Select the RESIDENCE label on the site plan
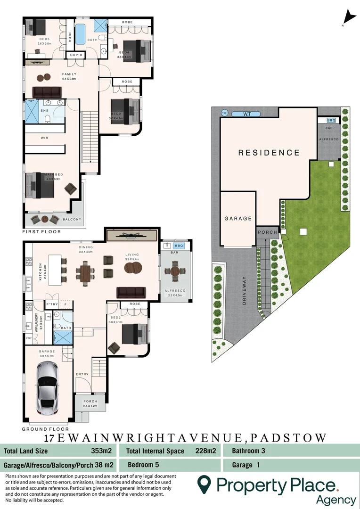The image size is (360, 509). [x=269, y=153]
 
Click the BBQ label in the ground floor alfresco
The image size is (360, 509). [x=179, y=246]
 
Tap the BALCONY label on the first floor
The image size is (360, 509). [x=72, y=219]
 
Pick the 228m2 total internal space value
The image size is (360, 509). [x=205, y=451]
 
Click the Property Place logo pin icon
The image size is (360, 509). [x=204, y=484]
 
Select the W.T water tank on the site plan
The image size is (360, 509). [x=247, y=114]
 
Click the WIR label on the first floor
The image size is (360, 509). [x=45, y=138]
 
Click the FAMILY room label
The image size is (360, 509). [x=69, y=74]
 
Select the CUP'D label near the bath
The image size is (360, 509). [x=76, y=55]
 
